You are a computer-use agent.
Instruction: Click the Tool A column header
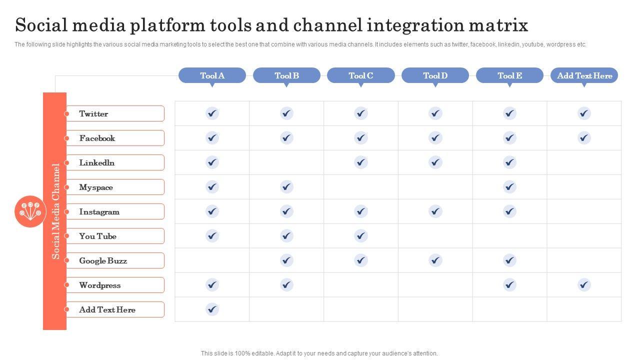[212, 75]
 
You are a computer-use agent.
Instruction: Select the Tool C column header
[360, 75]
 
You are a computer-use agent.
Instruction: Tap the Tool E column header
[509, 75]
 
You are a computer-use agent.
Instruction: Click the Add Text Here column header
[584, 75]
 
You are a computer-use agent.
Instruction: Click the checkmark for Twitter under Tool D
[435, 113]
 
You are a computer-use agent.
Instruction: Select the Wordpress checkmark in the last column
[584, 285]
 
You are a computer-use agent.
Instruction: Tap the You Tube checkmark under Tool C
[360, 236]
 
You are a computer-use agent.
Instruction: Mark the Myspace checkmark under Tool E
[509, 187]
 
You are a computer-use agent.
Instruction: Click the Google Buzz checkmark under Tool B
[286, 260]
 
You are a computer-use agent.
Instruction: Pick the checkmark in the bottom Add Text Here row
[212, 309]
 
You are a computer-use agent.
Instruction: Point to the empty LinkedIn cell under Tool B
[286, 162]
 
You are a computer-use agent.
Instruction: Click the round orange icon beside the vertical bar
[30, 211]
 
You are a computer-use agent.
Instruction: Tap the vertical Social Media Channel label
[55, 211]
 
